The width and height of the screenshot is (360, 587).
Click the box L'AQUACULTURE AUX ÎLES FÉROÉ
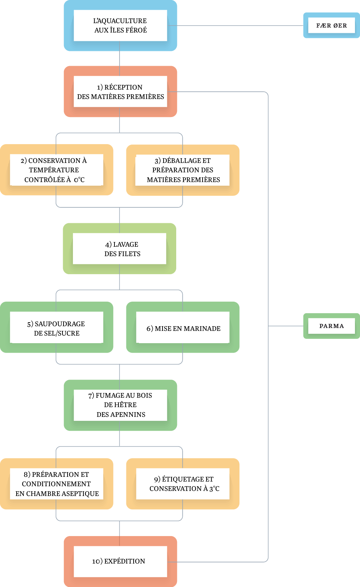click(120, 25)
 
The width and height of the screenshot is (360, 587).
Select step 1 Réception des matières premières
click(120, 91)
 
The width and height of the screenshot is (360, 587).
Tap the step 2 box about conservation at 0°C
click(57, 170)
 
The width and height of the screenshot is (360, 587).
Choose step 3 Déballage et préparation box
click(182, 170)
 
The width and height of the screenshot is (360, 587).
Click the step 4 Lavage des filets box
click(120, 249)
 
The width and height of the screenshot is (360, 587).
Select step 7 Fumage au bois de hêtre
click(120, 405)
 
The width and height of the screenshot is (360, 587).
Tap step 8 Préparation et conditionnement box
click(57, 484)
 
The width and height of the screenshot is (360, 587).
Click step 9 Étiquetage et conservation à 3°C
click(183, 484)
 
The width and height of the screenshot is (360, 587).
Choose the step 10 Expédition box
click(120, 561)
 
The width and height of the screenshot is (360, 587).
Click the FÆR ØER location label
click(331, 26)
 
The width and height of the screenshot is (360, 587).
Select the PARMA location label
click(331, 326)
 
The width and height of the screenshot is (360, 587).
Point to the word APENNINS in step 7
click(130, 415)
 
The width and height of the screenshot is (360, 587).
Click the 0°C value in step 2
click(79, 180)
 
